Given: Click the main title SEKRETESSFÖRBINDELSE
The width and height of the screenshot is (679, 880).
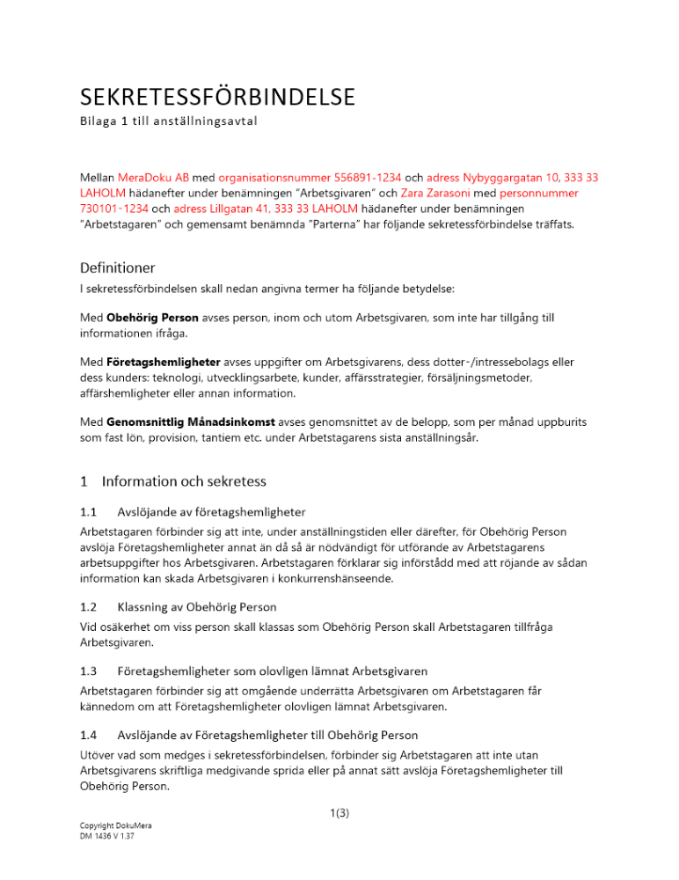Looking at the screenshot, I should tap(218, 95).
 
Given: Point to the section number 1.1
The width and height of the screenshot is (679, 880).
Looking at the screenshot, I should tap(88, 511).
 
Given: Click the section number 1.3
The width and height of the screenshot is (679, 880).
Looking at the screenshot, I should tap(88, 671).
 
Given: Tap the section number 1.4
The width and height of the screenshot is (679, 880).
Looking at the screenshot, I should tap(88, 734).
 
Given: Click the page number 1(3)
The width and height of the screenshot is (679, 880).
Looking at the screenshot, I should tap(339, 813).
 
